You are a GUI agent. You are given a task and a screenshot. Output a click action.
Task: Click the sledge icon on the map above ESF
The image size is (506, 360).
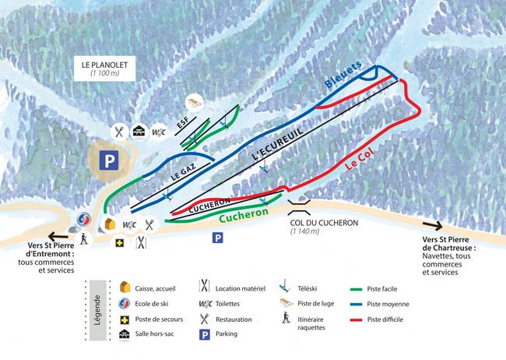point(194,103)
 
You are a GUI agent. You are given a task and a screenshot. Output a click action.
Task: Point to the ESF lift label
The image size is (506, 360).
point(183,125)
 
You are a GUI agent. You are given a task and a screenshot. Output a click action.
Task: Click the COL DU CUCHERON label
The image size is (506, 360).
point(323,222)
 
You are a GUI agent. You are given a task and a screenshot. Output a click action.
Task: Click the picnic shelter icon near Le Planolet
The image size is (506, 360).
point(140,131)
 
